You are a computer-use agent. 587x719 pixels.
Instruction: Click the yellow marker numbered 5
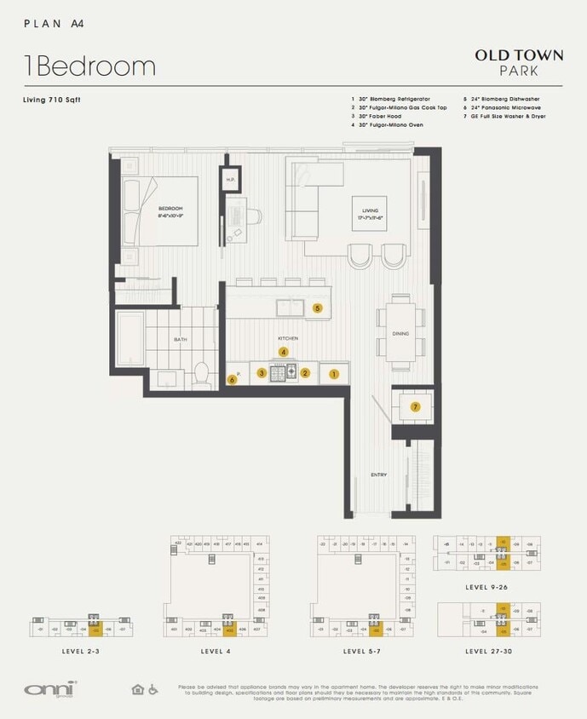317,308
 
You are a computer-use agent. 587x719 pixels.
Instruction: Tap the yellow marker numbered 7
415,407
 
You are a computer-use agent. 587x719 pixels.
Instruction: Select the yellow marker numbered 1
334,373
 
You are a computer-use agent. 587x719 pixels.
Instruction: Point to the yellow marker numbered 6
232,380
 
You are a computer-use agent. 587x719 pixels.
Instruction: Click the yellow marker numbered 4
285,351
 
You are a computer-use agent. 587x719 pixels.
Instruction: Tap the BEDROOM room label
170,211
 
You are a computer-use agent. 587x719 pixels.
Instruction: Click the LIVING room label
371,213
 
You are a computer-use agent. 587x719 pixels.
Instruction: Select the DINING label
400,334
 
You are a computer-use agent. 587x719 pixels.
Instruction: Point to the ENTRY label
379,475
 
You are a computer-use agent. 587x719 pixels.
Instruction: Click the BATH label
181,340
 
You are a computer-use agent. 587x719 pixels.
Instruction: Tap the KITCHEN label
288,338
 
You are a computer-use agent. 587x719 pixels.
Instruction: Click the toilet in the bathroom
202,373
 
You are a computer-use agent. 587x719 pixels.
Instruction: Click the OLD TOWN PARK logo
519,62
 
